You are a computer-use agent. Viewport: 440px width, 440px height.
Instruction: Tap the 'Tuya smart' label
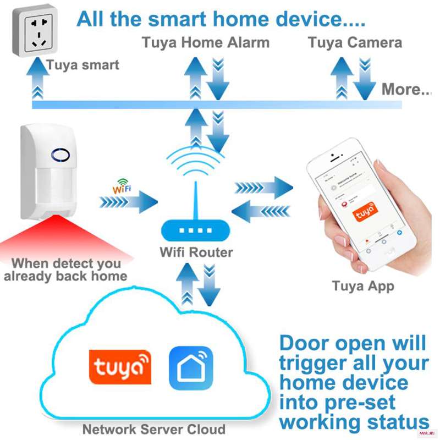(82, 65)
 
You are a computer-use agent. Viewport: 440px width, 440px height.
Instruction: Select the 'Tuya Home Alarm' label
(206, 42)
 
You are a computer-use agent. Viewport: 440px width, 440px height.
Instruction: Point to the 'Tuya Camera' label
(355, 42)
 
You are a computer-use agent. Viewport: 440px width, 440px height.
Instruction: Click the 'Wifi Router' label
(196, 253)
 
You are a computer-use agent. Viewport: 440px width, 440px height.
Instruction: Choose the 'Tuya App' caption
(363, 286)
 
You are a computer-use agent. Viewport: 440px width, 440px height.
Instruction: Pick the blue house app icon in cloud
(190, 367)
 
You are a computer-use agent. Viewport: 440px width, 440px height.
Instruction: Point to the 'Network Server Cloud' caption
(153, 429)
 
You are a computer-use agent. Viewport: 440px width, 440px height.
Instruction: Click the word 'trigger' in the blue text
(316, 364)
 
